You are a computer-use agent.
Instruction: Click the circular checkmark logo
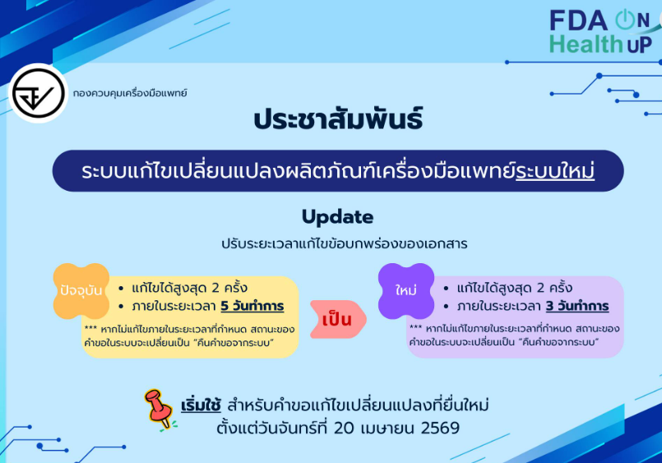[38, 93]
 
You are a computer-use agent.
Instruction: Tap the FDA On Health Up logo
[604, 32]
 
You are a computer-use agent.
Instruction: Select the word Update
[338, 217]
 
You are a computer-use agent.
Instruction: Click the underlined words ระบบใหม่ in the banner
[555, 171]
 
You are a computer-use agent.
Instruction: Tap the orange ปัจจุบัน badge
[81, 291]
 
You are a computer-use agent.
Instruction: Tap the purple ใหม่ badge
[406, 291]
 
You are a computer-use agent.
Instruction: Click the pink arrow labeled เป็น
[338, 320]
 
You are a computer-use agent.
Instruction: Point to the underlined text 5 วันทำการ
[252, 306]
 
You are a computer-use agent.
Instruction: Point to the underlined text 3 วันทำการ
[577, 306]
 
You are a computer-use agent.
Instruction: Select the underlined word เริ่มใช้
[201, 405]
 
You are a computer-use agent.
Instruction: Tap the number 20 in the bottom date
[344, 428]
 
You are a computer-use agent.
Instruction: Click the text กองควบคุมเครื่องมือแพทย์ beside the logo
[130, 93]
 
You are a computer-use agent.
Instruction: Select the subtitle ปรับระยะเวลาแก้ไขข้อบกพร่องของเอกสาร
[344, 244]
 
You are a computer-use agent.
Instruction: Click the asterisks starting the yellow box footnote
[90, 328]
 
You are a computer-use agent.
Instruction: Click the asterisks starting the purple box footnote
[415, 327]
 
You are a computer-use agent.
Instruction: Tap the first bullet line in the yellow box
[183, 288]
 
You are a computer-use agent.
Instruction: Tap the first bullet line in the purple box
[508, 288]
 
